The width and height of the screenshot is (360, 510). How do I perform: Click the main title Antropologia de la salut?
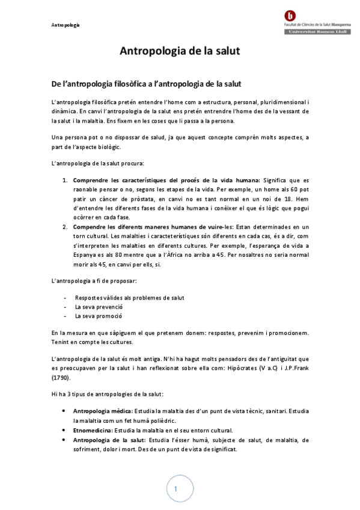coord(180,51)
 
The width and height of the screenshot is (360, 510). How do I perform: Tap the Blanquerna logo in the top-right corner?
coord(291,16)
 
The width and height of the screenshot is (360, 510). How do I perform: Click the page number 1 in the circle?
coord(175,489)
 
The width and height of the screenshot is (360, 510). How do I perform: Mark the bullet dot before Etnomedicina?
coord(66,431)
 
